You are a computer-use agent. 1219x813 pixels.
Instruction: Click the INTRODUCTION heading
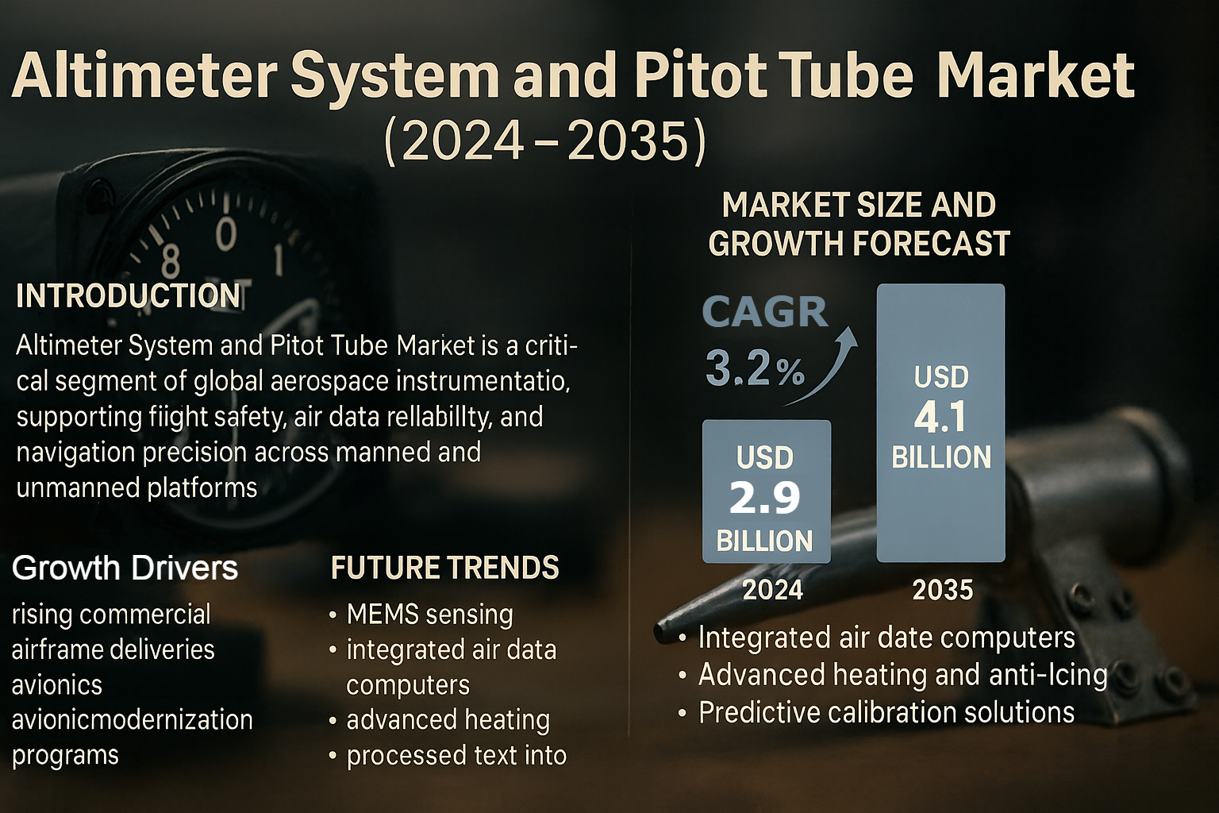pos(129,296)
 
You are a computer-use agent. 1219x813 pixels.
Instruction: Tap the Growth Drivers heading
pos(125,568)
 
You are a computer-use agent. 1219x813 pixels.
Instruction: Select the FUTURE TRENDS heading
pos(444,568)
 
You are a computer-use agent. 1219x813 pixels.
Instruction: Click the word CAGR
pos(765,312)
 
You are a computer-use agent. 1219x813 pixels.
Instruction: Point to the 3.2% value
pos(755,369)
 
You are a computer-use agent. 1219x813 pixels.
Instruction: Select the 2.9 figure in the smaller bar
pos(765,499)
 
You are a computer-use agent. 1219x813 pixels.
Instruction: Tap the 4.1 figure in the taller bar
pos(940,417)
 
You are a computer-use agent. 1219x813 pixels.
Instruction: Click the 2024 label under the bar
pos(772,590)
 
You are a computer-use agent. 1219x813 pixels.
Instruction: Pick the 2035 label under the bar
pos(942,590)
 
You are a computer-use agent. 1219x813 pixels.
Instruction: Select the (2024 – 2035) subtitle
pos(544,141)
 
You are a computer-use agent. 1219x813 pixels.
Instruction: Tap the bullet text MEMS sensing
pos(429,615)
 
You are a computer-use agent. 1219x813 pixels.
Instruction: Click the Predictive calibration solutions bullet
pos(886,712)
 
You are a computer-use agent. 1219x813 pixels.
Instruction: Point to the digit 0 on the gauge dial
pos(226,234)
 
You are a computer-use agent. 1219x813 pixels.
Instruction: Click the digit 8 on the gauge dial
pos(171,260)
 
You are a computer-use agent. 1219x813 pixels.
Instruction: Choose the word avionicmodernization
pos(132,720)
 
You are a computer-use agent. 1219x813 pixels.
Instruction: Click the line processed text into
pos(456,756)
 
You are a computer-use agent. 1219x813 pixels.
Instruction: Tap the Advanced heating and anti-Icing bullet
pos(902,675)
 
